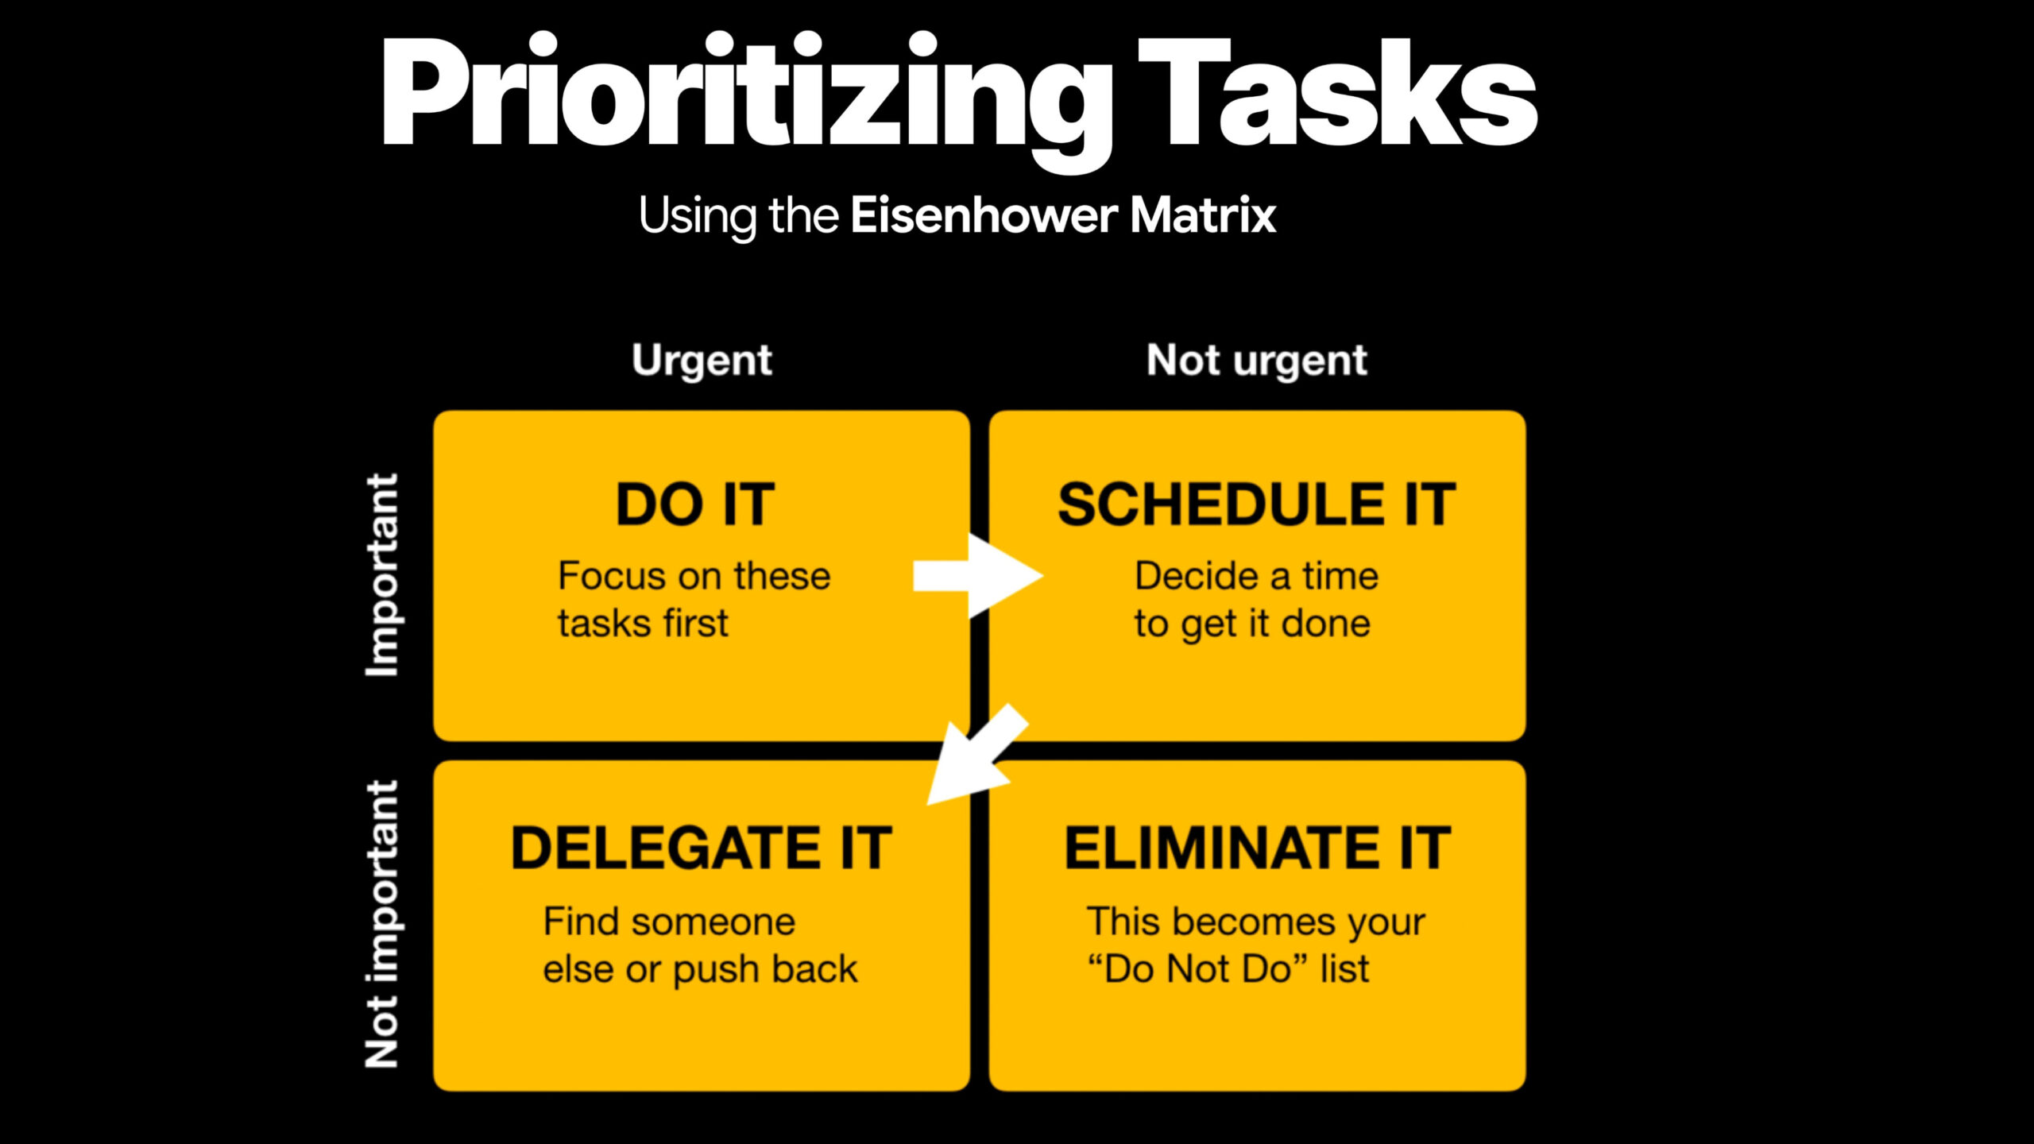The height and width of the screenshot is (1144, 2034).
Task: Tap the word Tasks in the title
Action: pyautogui.click(x=1339, y=95)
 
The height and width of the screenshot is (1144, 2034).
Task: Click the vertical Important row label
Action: pyautogui.click(x=382, y=575)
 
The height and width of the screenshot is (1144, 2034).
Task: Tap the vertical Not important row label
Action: pyautogui.click(x=382, y=924)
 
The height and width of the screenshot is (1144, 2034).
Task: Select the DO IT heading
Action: pyautogui.click(x=695, y=505)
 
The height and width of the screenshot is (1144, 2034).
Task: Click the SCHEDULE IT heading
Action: pyautogui.click(x=1256, y=505)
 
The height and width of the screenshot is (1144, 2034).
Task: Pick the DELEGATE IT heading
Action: pyautogui.click(x=701, y=848)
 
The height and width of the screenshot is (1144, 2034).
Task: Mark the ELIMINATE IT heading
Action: pyautogui.click(x=1257, y=848)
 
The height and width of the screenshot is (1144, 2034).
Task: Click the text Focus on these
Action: pyautogui.click(x=694, y=576)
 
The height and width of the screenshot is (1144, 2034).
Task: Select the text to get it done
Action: pyautogui.click(x=1252, y=624)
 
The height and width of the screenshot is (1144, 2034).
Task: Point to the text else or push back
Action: pyautogui.click(x=700, y=969)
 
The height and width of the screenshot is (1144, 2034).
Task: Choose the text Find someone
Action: pyautogui.click(x=669, y=922)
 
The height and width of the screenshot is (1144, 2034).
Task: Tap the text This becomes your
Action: pyautogui.click(x=1255, y=922)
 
